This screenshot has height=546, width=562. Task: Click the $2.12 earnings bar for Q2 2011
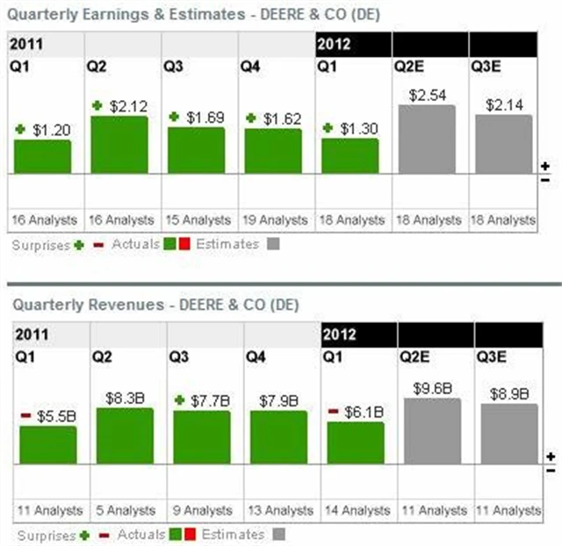(x=119, y=144)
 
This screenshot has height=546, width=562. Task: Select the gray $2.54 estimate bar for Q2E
(x=427, y=139)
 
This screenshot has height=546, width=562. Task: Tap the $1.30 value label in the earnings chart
(x=358, y=128)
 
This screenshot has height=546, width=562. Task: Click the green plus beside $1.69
(x=174, y=116)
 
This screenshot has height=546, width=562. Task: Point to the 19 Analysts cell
(x=277, y=220)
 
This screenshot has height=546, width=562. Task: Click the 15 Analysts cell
(x=199, y=220)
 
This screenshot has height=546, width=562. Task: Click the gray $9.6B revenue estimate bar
(x=432, y=431)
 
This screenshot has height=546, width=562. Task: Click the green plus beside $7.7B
(x=180, y=399)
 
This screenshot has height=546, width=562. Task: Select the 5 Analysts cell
(x=126, y=510)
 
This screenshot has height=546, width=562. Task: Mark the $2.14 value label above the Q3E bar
(x=504, y=104)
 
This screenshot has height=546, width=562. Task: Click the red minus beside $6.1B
(x=334, y=410)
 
